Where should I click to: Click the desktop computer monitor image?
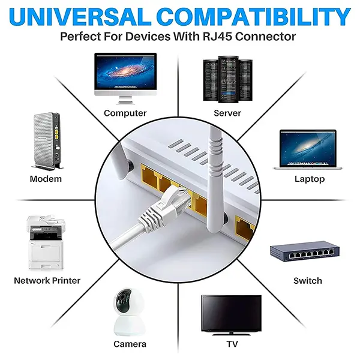tap(125, 79)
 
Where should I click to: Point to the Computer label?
tap(125, 113)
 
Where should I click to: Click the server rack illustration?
tap(228, 79)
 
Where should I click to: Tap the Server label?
tap(227, 113)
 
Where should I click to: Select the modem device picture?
tap(47, 141)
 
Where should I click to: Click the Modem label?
tap(46, 179)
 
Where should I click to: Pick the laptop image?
tap(308, 149)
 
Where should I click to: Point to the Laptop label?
tap(310, 179)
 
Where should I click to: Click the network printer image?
tap(46, 242)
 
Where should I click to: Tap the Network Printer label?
tap(47, 281)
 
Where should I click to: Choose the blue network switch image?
tap(305, 251)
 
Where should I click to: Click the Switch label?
tap(308, 281)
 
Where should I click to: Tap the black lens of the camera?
tap(124, 300)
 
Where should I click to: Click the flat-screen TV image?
tap(231, 315)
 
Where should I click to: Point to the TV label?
tap(232, 344)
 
